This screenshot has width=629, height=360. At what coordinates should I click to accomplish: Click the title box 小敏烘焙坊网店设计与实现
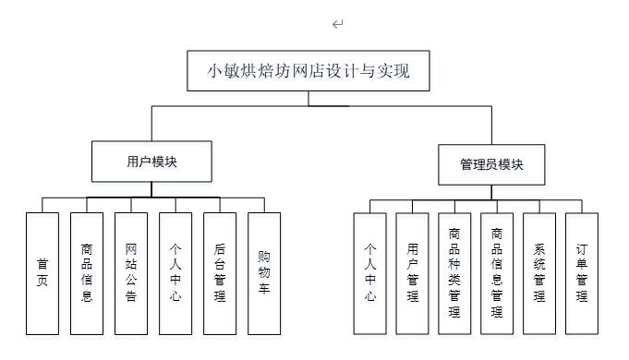tap(308, 70)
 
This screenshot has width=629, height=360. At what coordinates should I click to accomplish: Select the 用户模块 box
tap(151, 162)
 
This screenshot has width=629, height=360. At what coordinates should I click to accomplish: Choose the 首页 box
tap(42, 273)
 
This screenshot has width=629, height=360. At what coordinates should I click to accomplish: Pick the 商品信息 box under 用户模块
tap(86, 273)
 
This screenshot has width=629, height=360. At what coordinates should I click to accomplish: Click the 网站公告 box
tap(130, 273)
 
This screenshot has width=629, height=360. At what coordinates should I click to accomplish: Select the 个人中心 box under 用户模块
tap(175, 273)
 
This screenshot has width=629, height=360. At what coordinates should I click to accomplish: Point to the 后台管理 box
tap(220, 273)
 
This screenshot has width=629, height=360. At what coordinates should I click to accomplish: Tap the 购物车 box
tap(264, 273)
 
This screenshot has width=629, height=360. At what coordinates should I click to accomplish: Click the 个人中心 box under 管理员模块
tap(370, 273)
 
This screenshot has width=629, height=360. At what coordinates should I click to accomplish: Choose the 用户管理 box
tap(413, 273)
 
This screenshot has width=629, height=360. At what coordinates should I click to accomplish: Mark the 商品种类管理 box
tap(454, 273)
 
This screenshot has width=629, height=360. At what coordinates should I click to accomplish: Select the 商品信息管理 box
tap(497, 273)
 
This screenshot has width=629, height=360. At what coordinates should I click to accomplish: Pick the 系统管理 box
tap(539, 273)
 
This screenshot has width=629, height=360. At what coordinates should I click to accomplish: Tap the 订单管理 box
tap(582, 273)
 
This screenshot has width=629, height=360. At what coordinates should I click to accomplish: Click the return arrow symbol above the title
tap(337, 24)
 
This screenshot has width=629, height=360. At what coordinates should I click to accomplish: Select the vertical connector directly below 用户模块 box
tap(151, 190)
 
